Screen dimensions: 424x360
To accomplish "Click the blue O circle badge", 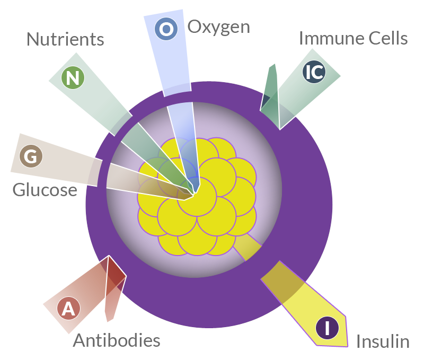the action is tap(166, 29).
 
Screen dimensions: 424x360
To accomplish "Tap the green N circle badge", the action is tap(73, 78).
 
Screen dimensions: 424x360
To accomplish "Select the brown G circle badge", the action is tap(31, 156).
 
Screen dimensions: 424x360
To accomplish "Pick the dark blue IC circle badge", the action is tap(314, 72).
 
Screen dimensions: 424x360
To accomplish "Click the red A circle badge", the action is tap(69, 309).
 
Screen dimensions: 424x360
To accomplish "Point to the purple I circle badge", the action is tap(327, 328).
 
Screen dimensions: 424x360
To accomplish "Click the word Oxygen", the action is tap(218, 28).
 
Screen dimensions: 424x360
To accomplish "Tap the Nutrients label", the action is tap(65, 39).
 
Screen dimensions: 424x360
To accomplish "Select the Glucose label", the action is tap(45, 190).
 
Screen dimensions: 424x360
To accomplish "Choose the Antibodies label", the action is tap(117, 340).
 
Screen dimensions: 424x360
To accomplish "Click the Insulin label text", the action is tap(383, 341).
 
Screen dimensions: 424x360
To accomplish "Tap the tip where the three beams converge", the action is tap(193, 194).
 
